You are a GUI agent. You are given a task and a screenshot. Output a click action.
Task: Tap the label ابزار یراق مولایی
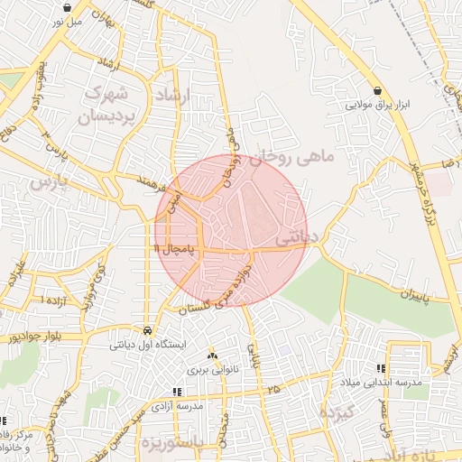click(378, 105)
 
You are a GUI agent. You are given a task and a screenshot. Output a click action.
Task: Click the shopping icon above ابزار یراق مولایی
click(377, 90)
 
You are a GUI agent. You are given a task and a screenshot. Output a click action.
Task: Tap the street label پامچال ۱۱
click(174, 247)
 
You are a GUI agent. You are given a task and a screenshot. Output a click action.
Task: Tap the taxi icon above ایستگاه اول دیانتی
click(147, 330)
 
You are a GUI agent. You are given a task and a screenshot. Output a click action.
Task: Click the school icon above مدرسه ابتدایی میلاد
click(380, 368)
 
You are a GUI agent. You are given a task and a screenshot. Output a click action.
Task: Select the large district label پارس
click(50, 181)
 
